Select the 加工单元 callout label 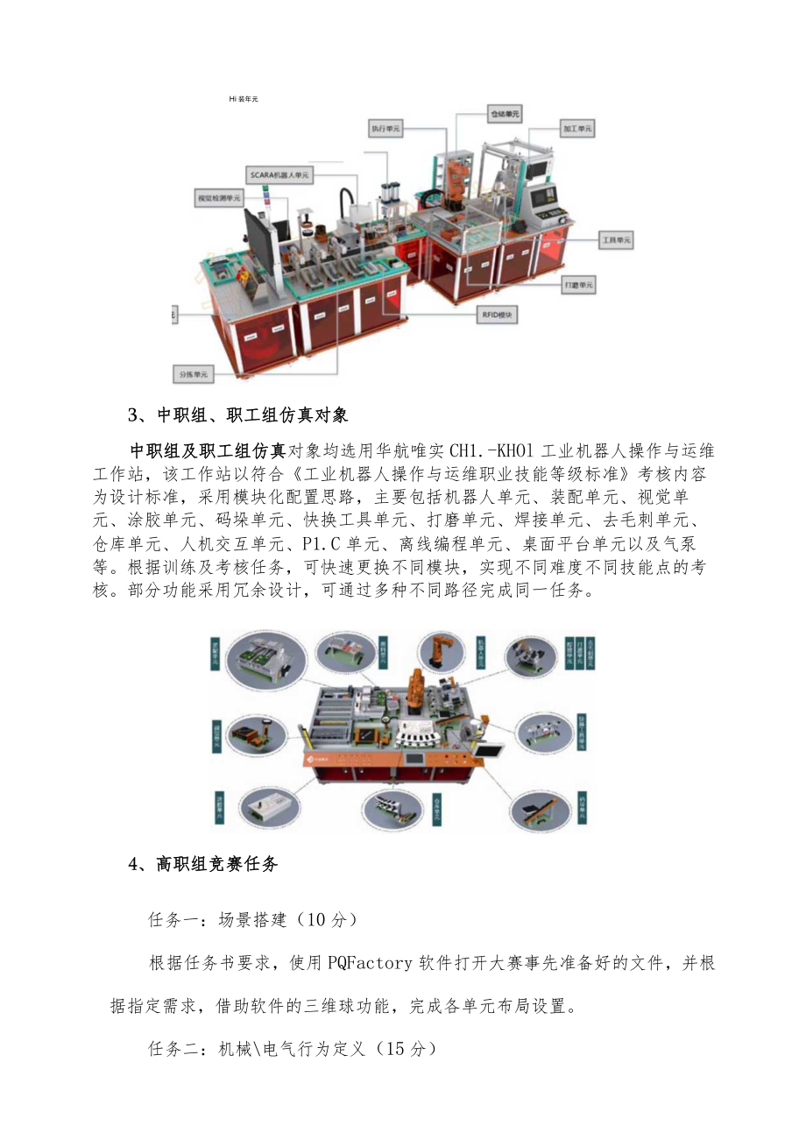click(x=577, y=129)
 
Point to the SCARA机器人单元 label click(x=279, y=175)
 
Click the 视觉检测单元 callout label click(x=218, y=200)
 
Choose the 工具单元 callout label click(x=616, y=239)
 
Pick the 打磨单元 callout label click(x=578, y=286)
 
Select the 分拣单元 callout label click(x=193, y=374)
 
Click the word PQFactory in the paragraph click(x=370, y=964)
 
